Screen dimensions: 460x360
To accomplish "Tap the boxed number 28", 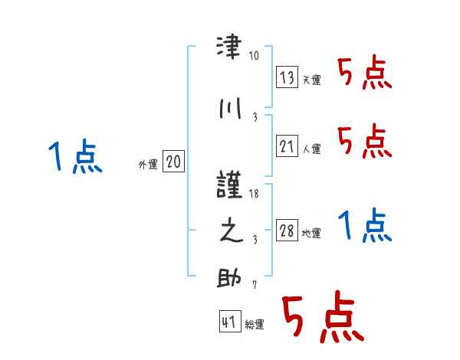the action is coord(287,231).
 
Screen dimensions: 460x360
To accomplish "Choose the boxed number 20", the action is coord(174,162).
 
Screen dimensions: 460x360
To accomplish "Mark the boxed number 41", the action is coord(228,322).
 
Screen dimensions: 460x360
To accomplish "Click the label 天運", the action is coord(312,80).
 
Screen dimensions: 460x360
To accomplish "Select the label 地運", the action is coord(312,234).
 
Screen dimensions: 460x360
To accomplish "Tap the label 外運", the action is coord(147,164).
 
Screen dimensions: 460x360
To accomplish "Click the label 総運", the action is coord(255,325).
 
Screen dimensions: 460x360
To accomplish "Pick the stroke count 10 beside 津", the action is coord(255,55).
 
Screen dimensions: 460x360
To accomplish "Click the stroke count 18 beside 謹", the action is coord(255,194).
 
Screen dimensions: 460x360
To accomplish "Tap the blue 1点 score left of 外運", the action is coord(74,158).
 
